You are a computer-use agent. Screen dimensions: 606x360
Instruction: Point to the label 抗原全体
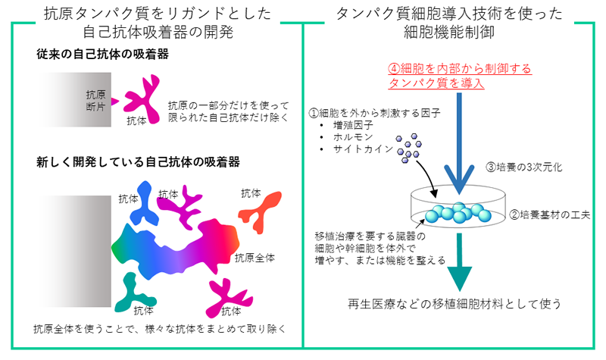255,258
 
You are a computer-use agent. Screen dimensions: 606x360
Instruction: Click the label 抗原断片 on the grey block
95,101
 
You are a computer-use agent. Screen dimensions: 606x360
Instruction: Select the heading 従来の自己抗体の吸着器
103,55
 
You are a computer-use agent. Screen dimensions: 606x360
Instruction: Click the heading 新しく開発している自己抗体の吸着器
139,161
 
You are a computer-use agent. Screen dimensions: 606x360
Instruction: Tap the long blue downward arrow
459,143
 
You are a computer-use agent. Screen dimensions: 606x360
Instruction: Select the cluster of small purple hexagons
408,148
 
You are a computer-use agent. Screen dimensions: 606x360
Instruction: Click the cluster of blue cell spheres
458,213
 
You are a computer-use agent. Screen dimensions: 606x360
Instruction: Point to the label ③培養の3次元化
524,167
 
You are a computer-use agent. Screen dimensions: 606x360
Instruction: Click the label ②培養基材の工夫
550,214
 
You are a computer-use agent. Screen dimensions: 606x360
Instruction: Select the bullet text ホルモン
353,137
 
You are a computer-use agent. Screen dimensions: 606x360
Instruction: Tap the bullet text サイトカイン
363,149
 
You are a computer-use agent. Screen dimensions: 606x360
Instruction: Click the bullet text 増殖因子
353,125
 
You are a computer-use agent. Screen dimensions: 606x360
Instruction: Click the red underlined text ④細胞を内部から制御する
460,69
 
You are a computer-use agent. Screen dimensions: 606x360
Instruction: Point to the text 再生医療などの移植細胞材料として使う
454,304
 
